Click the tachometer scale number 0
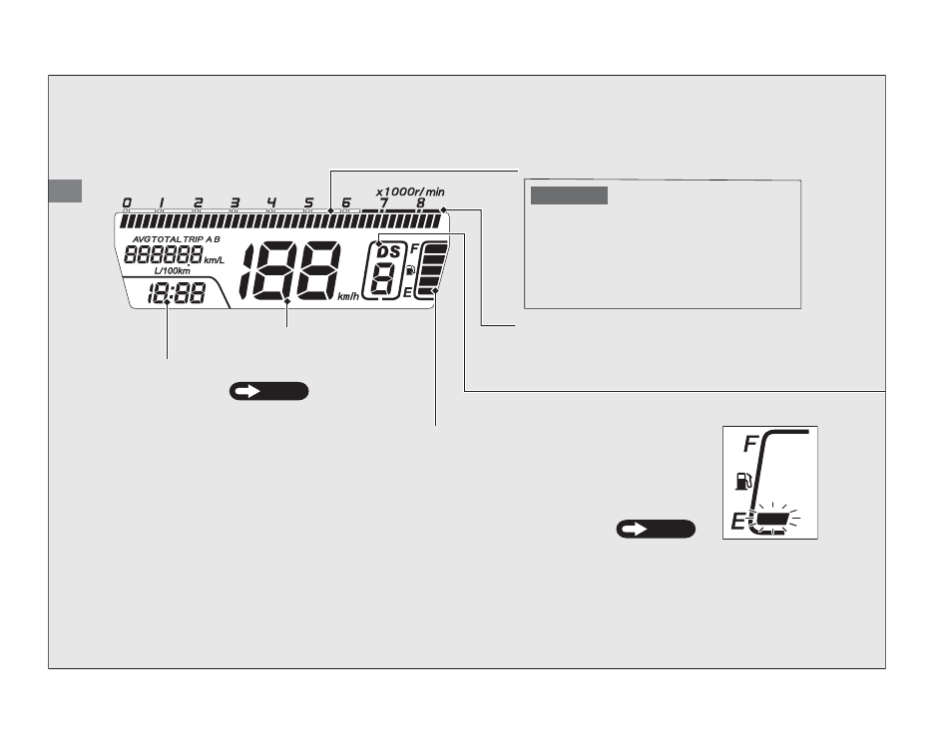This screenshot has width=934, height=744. coord(126,203)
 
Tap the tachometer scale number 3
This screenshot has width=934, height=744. coord(234,203)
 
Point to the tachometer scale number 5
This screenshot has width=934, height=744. coord(308,203)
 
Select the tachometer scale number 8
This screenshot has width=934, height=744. coord(420,202)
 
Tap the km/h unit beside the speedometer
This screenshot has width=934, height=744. coord(347,296)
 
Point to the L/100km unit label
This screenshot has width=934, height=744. coord(173,271)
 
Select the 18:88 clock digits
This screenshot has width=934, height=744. coord(169,294)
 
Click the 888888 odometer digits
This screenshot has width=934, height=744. coord(162,254)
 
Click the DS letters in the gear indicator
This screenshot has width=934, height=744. coord(387,252)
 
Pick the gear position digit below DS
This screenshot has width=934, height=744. coord(383,279)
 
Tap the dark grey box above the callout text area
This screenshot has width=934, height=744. coord(569,194)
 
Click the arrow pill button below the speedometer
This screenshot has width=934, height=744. coord(268,391)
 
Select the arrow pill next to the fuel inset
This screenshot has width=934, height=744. coord(656,529)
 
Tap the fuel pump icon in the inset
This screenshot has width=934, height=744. coord(739,483)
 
